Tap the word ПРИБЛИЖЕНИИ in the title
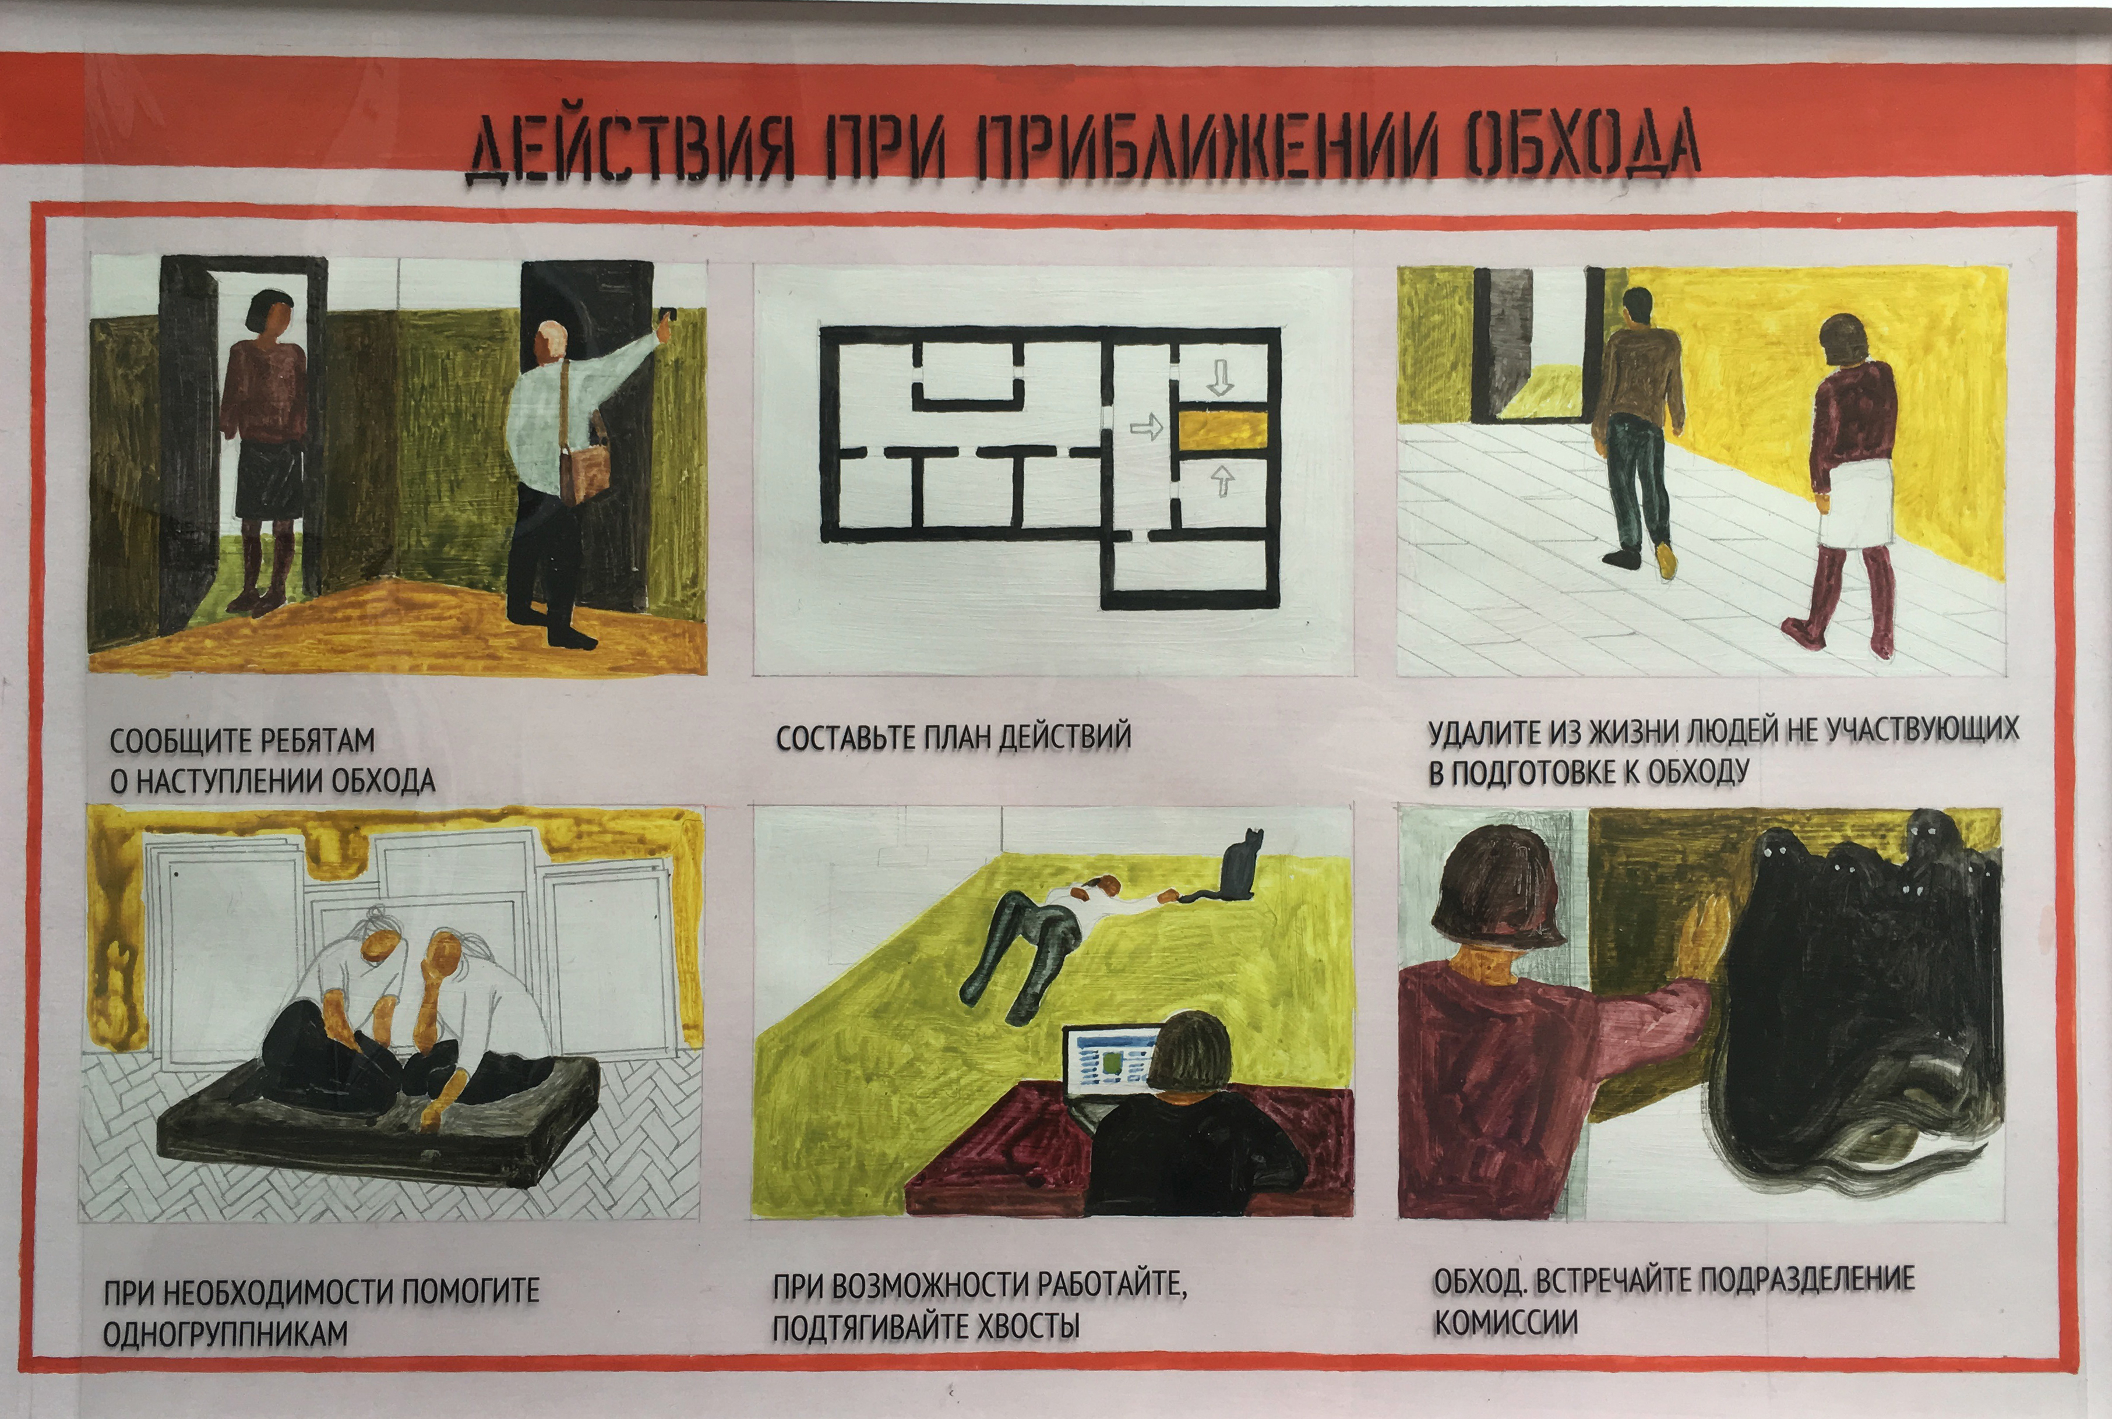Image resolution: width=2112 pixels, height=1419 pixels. tap(1208, 146)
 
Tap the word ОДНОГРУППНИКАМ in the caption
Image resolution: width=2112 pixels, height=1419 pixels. tap(225, 1333)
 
